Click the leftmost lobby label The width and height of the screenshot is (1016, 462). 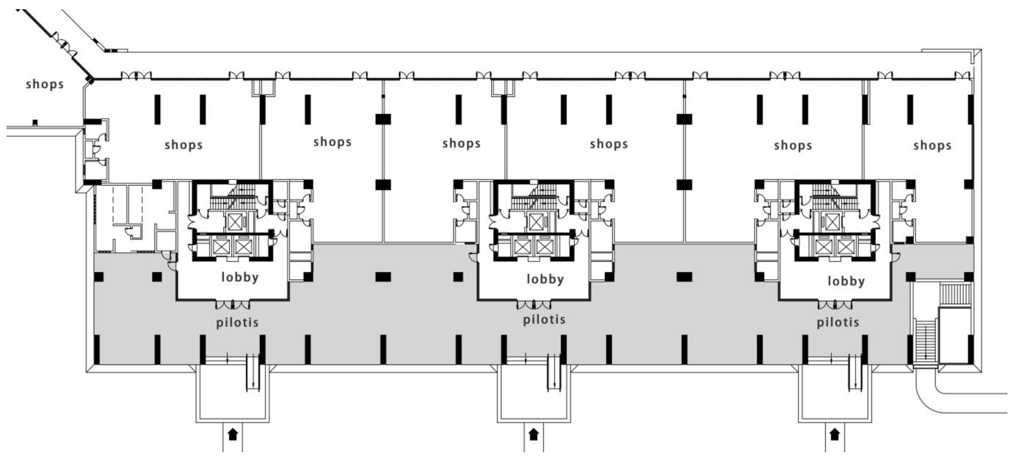pyautogui.click(x=240, y=277)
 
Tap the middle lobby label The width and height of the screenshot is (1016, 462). pyautogui.click(x=545, y=279)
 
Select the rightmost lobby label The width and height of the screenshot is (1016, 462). pyautogui.click(x=846, y=281)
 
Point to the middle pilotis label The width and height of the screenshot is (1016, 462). pyautogui.click(x=544, y=320)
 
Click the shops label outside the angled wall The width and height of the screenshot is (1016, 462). pyautogui.click(x=45, y=84)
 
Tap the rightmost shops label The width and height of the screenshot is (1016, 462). pyautogui.click(x=932, y=146)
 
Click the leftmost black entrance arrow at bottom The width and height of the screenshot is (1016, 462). pyautogui.click(x=233, y=435)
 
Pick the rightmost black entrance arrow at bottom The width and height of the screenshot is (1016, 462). pyautogui.click(x=834, y=435)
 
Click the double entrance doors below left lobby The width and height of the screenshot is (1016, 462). pyautogui.click(x=233, y=305)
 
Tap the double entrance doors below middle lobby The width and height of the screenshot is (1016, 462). pyautogui.click(x=534, y=305)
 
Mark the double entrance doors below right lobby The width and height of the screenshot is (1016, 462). pyautogui.click(x=835, y=305)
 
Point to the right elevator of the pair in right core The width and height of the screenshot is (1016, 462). pyautogui.click(x=845, y=247)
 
